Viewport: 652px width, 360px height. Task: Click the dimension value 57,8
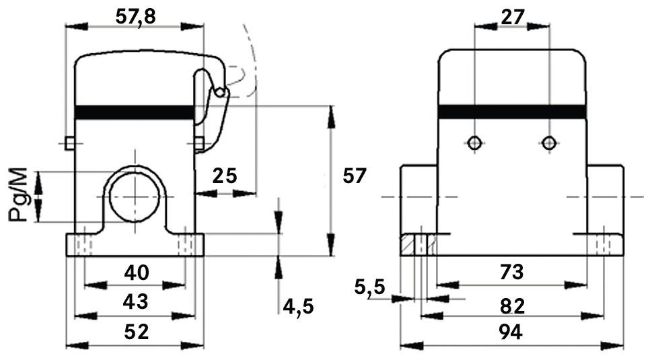tap(135, 16)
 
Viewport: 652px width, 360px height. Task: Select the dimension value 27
tap(512, 16)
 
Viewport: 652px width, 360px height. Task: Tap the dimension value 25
tap(225, 176)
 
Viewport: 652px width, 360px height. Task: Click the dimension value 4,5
tap(298, 307)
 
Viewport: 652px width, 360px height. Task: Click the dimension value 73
tap(512, 273)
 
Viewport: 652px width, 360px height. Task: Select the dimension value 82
tap(512, 306)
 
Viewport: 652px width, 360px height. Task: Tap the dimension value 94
tap(512, 332)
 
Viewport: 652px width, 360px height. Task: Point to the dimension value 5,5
tap(369, 287)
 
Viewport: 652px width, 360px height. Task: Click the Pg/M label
tap(20, 196)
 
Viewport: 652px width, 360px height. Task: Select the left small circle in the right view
tap(475, 143)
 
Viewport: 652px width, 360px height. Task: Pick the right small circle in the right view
tap(549, 143)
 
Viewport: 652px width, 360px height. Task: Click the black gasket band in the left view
tap(135, 112)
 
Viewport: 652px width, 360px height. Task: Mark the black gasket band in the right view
tap(512, 112)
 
